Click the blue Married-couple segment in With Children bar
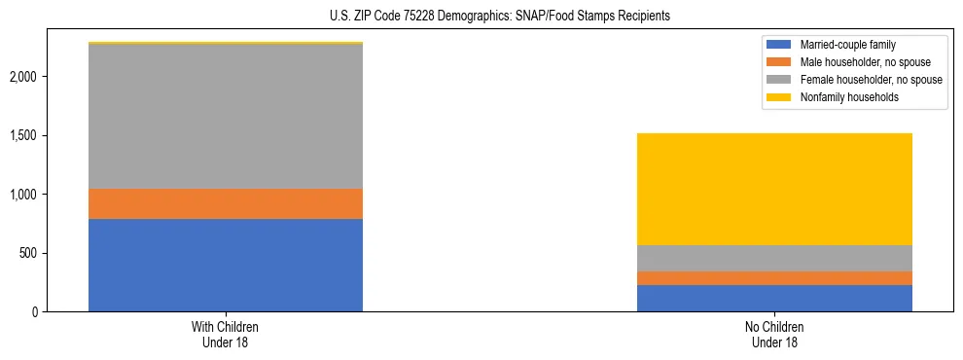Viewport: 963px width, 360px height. tap(226, 265)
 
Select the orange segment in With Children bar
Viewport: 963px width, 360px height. tap(226, 203)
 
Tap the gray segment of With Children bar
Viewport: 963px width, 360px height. tap(226, 117)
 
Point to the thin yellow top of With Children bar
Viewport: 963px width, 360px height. tap(226, 43)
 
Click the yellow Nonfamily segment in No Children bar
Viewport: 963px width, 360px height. tap(774, 189)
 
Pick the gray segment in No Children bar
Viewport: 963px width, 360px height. tap(774, 258)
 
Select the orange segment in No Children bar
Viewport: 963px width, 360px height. tap(774, 278)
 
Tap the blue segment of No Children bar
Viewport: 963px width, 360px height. tap(774, 298)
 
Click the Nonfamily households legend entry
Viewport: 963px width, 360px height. tap(842, 97)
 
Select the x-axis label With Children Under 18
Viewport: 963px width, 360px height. tap(226, 334)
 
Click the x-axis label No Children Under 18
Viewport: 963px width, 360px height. tap(774, 334)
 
